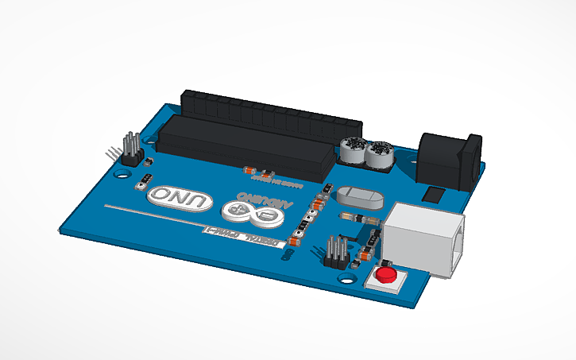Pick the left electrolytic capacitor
click(x=352, y=150)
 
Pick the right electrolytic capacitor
click(x=380, y=154)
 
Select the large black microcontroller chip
click(x=246, y=146)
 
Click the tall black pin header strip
click(x=270, y=111)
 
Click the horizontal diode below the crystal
click(x=355, y=216)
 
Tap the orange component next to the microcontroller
click(x=248, y=171)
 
